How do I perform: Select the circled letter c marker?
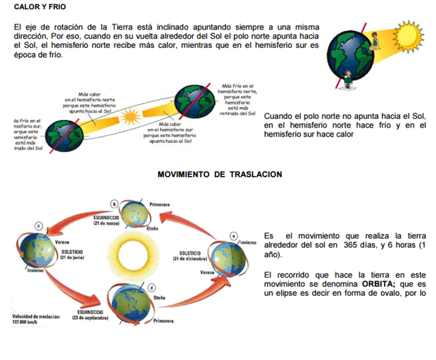click(x=39, y=225)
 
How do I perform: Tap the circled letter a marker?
click(x=233, y=234)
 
